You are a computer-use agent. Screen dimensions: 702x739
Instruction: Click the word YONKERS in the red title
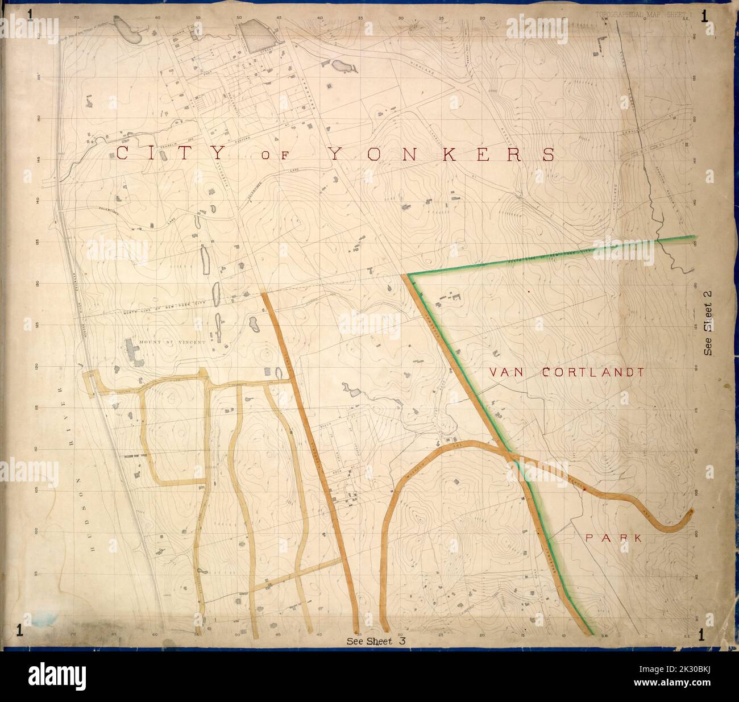pos(441,154)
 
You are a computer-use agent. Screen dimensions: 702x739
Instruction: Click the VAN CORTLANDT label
pos(566,373)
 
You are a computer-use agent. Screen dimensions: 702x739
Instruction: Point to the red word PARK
pos(615,538)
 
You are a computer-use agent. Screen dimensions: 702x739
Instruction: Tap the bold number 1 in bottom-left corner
pos(20,629)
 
